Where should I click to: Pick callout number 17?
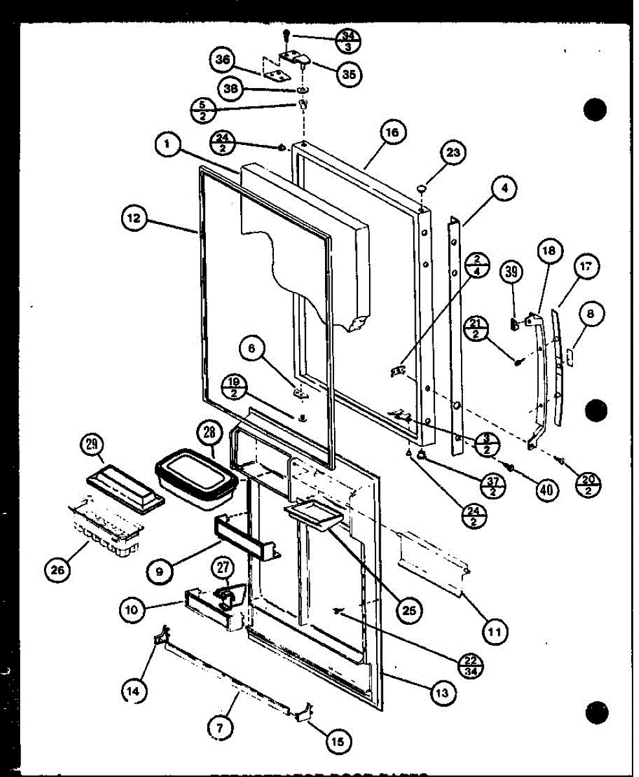(x=587, y=267)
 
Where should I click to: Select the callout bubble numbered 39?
(x=512, y=273)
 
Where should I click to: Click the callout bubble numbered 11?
(x=494, y=629)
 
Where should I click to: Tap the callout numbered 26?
(x=60, y=571)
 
